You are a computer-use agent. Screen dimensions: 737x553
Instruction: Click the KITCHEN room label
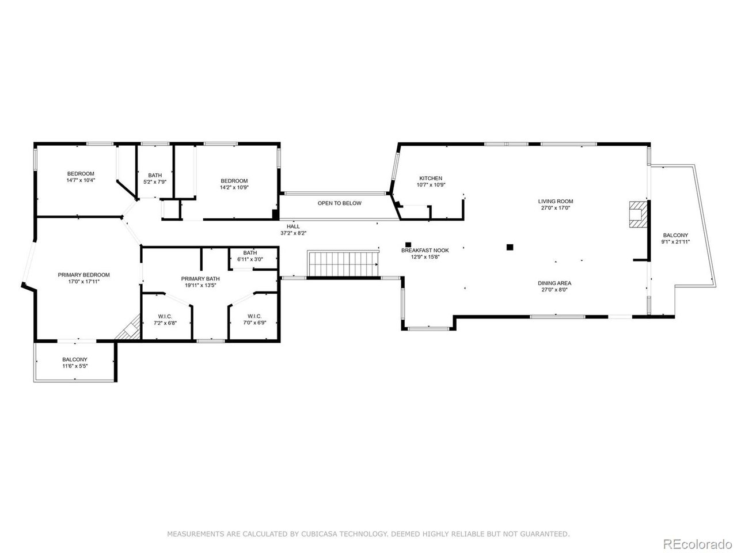pos(431,179)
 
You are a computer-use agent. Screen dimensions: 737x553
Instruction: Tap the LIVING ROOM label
pos(556,202)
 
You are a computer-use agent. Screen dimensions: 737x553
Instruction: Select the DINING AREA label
pos(554,283)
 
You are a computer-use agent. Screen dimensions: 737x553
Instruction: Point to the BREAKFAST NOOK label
pos(425,251)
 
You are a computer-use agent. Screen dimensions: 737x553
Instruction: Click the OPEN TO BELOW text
pos(340,203)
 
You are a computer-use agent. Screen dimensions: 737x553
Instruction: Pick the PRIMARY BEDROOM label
pos(83,275)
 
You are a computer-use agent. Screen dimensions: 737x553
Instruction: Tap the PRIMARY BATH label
pos(200,279)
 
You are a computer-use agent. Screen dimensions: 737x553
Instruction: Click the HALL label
pos(293,226)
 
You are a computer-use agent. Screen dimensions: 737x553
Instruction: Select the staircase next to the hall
pos(343,264)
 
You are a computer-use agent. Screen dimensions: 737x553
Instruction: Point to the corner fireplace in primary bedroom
pos(128,328)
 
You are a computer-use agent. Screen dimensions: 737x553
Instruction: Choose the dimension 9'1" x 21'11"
pos(675,241)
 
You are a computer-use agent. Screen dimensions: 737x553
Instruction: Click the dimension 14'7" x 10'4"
pos(81,180)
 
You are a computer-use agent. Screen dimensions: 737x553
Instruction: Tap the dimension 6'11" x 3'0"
pos(250,259)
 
